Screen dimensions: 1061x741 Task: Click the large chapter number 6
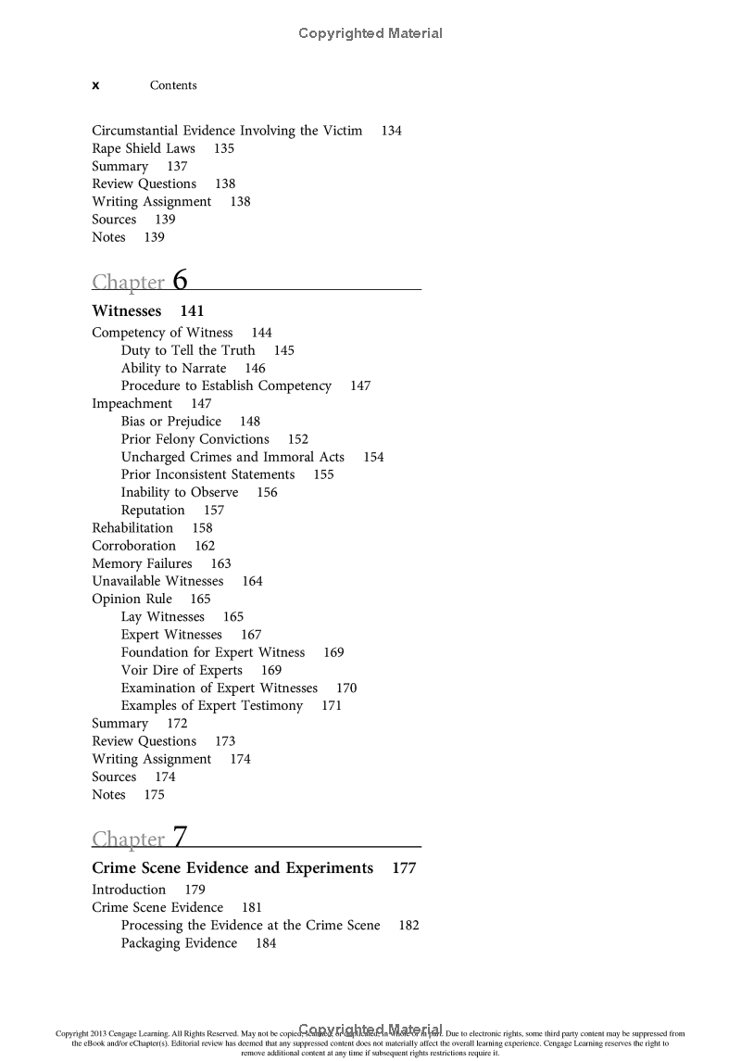click(x=180, y=279)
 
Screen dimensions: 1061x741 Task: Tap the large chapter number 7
click(x=179, y=837)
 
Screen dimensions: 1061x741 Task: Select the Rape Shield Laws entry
click(x=144, y=148)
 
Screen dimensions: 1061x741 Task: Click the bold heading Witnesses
click(x=126, y=311)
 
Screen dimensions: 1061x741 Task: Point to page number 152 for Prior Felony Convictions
click(x=298, y=439)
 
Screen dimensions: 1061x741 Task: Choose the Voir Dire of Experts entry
click(x=182, y=670)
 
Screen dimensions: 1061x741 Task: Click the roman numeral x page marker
click(x=95, y=85)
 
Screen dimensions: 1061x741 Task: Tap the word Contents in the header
click(x=173, y=85)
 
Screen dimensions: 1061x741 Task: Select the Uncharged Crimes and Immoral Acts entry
click(x=232, y=457)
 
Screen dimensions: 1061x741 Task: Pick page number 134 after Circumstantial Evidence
click(x=392, y=131)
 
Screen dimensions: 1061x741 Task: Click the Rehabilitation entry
click(x=132, y=528)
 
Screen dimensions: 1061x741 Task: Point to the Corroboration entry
click(x=133, y=546)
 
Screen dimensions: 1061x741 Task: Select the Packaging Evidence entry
click(x=179, y=943)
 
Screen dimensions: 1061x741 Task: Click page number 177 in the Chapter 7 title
click(x=404, y=868)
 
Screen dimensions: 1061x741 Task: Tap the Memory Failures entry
click(x=142, y=563)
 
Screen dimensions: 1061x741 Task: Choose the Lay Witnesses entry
click(x=163, y=616)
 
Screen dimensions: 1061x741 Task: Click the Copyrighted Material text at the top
click(x=370, y=33)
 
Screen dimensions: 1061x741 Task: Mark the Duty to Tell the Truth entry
click(x=188, y=350)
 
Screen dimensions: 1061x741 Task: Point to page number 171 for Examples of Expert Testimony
click(x=332, y=705)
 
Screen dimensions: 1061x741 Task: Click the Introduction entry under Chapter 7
click(x=129, y=890)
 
